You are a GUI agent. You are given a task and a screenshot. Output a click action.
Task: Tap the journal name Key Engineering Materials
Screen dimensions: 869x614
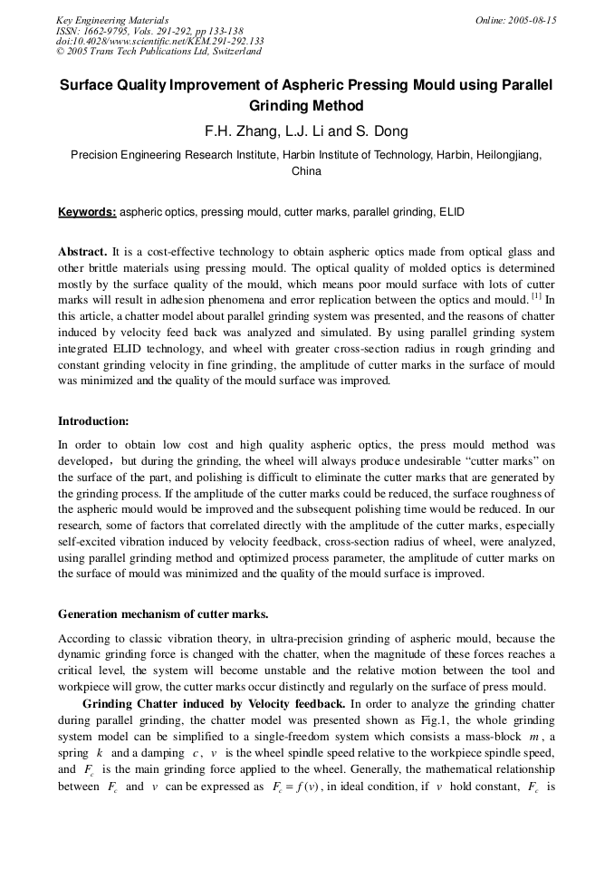click(x=112, y=20)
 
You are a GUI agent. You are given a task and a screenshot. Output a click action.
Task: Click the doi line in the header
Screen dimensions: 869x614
click(x=159, y=41)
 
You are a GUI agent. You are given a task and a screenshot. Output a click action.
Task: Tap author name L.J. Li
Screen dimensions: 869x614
click(x=309, y=131)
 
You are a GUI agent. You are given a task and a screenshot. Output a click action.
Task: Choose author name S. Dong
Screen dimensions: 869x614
click(x=379, y=131)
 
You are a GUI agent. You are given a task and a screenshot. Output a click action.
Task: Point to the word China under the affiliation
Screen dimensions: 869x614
click(x=306, y=170)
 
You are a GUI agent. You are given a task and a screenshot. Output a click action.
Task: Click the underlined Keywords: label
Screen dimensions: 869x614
click(x=87, y=212)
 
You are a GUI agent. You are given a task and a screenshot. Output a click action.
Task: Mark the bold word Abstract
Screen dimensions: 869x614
click(x=83, y=251)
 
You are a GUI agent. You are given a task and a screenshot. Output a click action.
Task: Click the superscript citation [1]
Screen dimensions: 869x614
click(x=537, y=296)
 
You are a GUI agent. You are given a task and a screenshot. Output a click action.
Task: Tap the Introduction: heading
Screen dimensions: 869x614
click(x=93, y=420)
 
